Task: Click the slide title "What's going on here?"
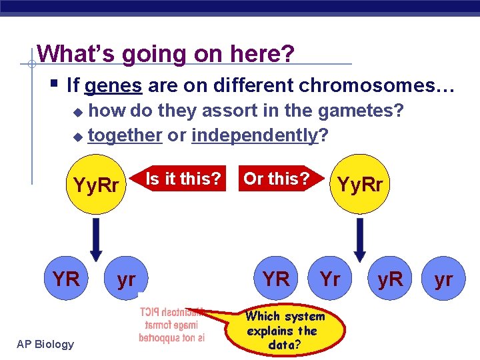(x=165, y=54)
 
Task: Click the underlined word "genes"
(x=113, y=85)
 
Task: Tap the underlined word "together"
(x=125, y=135)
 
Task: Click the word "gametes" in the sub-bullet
(x=358, y=111)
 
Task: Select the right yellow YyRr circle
(x=360, y=185)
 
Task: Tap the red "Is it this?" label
(x=183, y=179)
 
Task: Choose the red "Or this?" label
(x=276, y=179)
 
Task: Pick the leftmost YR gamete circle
(x=66, y=279)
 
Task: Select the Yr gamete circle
(x=330, y=279)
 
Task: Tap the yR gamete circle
(x=390, y=279)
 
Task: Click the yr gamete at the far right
(x=443, y=279)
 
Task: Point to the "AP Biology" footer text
(x=46, y=344)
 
